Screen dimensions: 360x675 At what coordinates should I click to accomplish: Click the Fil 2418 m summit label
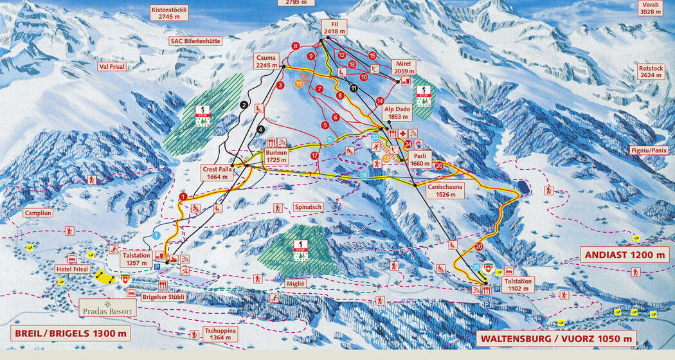(334, 27)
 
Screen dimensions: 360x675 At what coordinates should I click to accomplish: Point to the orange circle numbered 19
(298, 83)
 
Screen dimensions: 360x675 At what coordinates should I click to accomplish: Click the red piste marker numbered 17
(314, 156)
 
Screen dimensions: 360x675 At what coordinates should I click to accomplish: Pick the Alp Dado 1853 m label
(397, 113)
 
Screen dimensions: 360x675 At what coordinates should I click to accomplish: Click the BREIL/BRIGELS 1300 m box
(70, 334)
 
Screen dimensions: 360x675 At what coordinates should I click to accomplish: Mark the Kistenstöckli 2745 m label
(168, 14)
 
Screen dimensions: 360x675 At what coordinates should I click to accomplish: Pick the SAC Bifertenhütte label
(195, 40)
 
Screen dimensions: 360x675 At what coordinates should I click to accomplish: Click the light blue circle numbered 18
(364, 175)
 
